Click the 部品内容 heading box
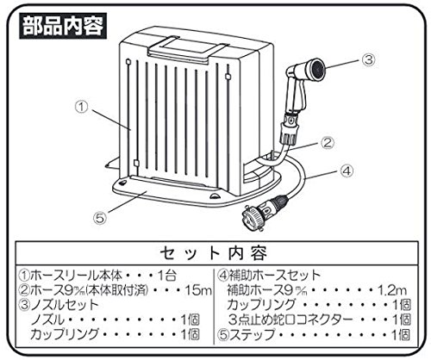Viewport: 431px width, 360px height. (x=63, y=26)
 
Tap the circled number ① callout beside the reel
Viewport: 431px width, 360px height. (x=82, y=107)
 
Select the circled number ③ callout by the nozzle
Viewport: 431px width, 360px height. (x=368, y=59)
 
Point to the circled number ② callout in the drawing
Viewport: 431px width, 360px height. (x=328, y=143)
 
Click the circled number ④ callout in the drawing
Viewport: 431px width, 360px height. (x=347, y=171)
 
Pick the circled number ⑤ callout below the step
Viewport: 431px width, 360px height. (x=100, y=218)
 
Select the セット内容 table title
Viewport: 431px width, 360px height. (x=214, y=253)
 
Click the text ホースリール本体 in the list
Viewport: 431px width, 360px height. (x=76, y=276)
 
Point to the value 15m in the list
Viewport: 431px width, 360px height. (x=198, y=290)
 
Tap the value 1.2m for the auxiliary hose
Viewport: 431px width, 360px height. (x=392, y=290)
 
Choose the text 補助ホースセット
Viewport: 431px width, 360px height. (x=275, y=276)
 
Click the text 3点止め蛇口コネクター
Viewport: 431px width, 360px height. (x=290, y=320)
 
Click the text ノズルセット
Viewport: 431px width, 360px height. (x=65, y=305)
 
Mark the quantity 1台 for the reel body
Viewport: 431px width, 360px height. (x=166, y=276)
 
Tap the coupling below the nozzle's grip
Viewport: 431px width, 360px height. (x=290, y=128)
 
